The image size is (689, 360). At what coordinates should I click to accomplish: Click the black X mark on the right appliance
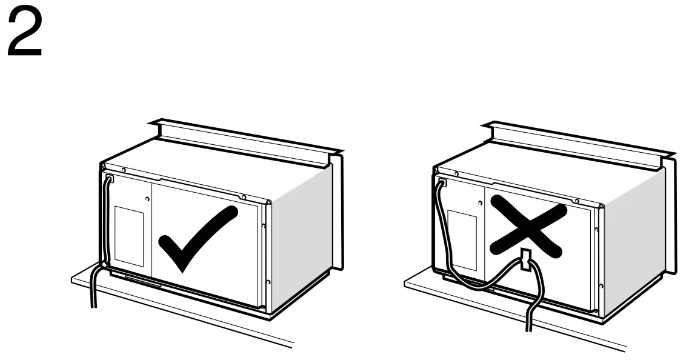coord(527,227)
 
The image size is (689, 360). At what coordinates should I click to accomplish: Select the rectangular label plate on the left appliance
coord(129,236)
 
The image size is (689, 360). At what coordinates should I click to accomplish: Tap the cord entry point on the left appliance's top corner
coord(108,179)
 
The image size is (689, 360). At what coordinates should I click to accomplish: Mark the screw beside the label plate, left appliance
coord(147,199)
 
